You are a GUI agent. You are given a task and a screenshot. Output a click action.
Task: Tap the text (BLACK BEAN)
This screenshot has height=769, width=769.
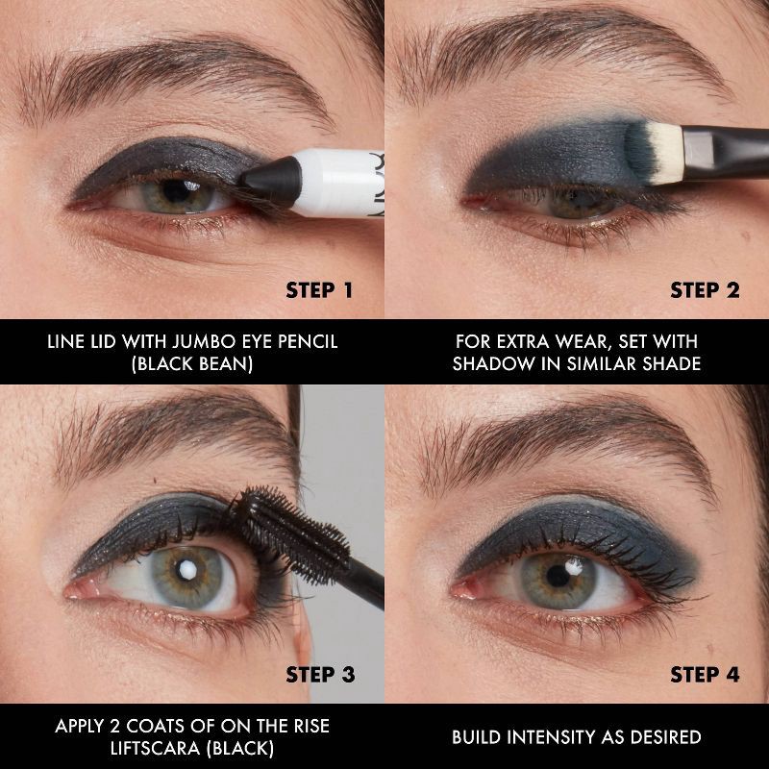pos(192,366)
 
